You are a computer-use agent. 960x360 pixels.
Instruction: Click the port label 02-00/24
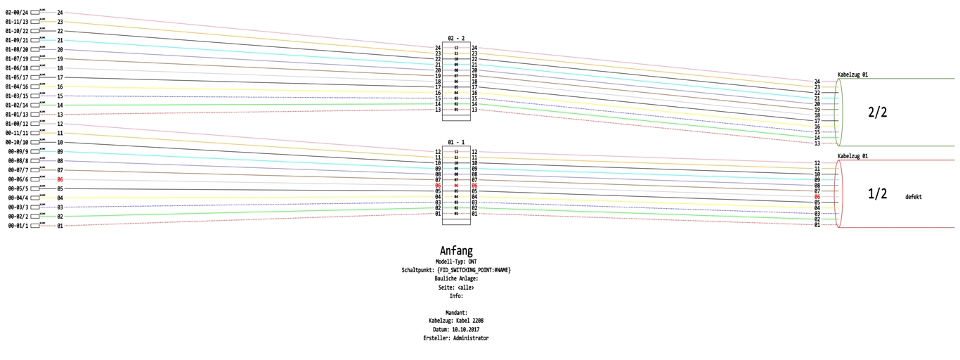pos(17,13)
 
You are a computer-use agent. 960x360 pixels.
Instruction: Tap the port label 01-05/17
pos(17,77)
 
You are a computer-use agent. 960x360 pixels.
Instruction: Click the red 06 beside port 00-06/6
pos(60,180)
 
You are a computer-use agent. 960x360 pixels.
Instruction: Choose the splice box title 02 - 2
pos(456,39)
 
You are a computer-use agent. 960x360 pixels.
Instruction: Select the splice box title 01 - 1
pos(456,143)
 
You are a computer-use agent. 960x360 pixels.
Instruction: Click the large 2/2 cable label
pos(878,112)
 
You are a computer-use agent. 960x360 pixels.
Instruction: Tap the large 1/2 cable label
pos(878,194)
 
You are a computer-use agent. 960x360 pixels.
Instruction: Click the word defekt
pos(914,197)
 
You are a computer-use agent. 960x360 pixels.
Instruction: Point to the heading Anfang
pos(456,251)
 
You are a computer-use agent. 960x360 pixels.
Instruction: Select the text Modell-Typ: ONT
pos(456,262)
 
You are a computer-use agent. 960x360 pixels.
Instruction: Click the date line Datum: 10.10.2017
pos(456,329)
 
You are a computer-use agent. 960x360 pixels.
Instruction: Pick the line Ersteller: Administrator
pos(456,338)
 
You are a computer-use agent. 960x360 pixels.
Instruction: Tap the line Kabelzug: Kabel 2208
pos(456,321)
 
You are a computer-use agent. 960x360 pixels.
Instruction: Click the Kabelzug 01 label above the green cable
pos(852,75)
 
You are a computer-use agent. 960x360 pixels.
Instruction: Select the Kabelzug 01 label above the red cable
pos(852,156)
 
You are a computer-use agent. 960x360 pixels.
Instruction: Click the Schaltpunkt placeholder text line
pos(456,270)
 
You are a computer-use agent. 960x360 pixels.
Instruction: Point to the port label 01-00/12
pos(17,124)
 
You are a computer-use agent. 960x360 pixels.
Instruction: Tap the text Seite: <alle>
pos(456,288)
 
